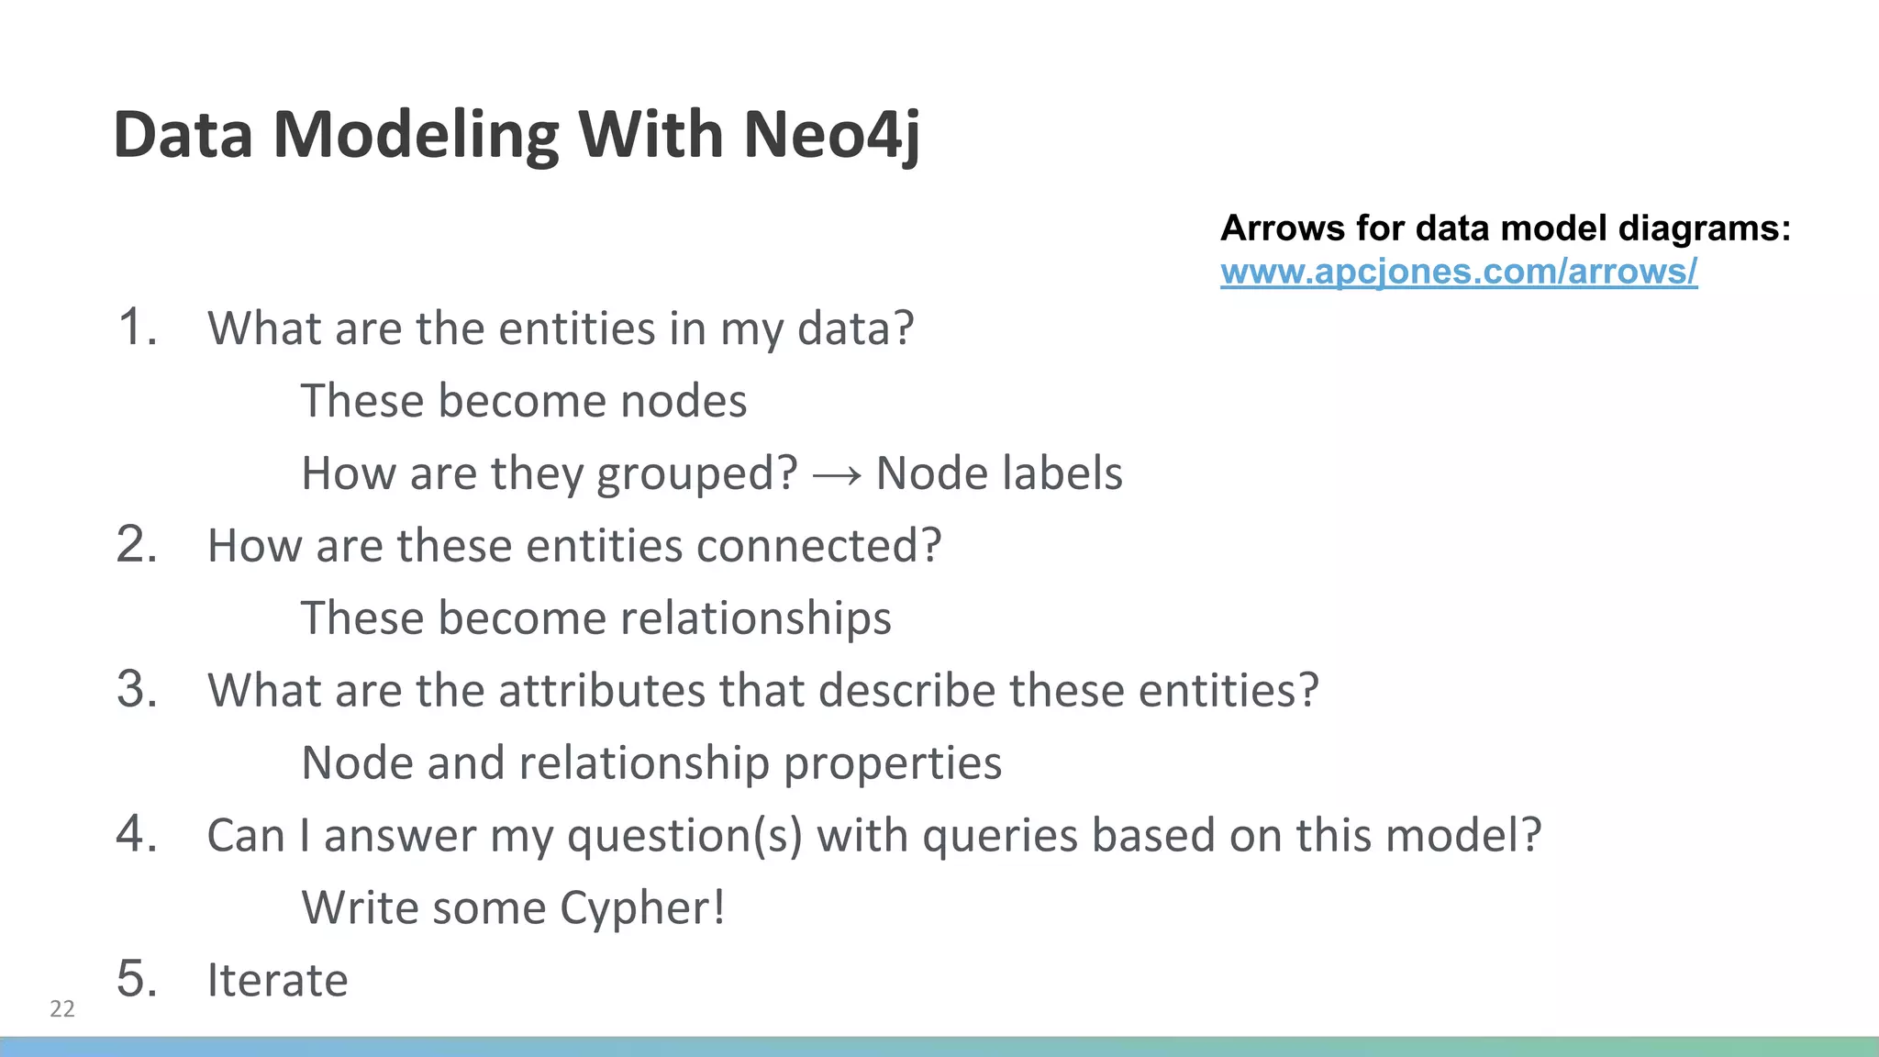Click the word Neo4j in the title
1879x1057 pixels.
[x=831, y=135]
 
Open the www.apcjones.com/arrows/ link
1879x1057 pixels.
[x=1458, y=272]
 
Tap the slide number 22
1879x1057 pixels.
[x=62, y=1008]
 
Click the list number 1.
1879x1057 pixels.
[x=138, y=328]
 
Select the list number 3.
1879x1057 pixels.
[x=138, y=689]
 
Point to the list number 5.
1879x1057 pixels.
[x=138, y=978]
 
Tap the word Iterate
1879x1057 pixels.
[x=277, y=980]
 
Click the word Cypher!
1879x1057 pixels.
[x=642, y=908]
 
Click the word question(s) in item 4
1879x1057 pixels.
[x=684, y=836]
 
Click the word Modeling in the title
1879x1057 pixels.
[x=417, y=135]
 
